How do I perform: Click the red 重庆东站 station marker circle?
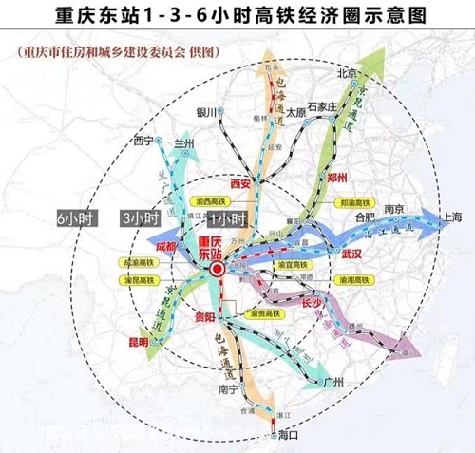(218, 271)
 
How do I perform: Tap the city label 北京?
(346, 74)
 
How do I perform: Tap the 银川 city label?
(207, 112)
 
